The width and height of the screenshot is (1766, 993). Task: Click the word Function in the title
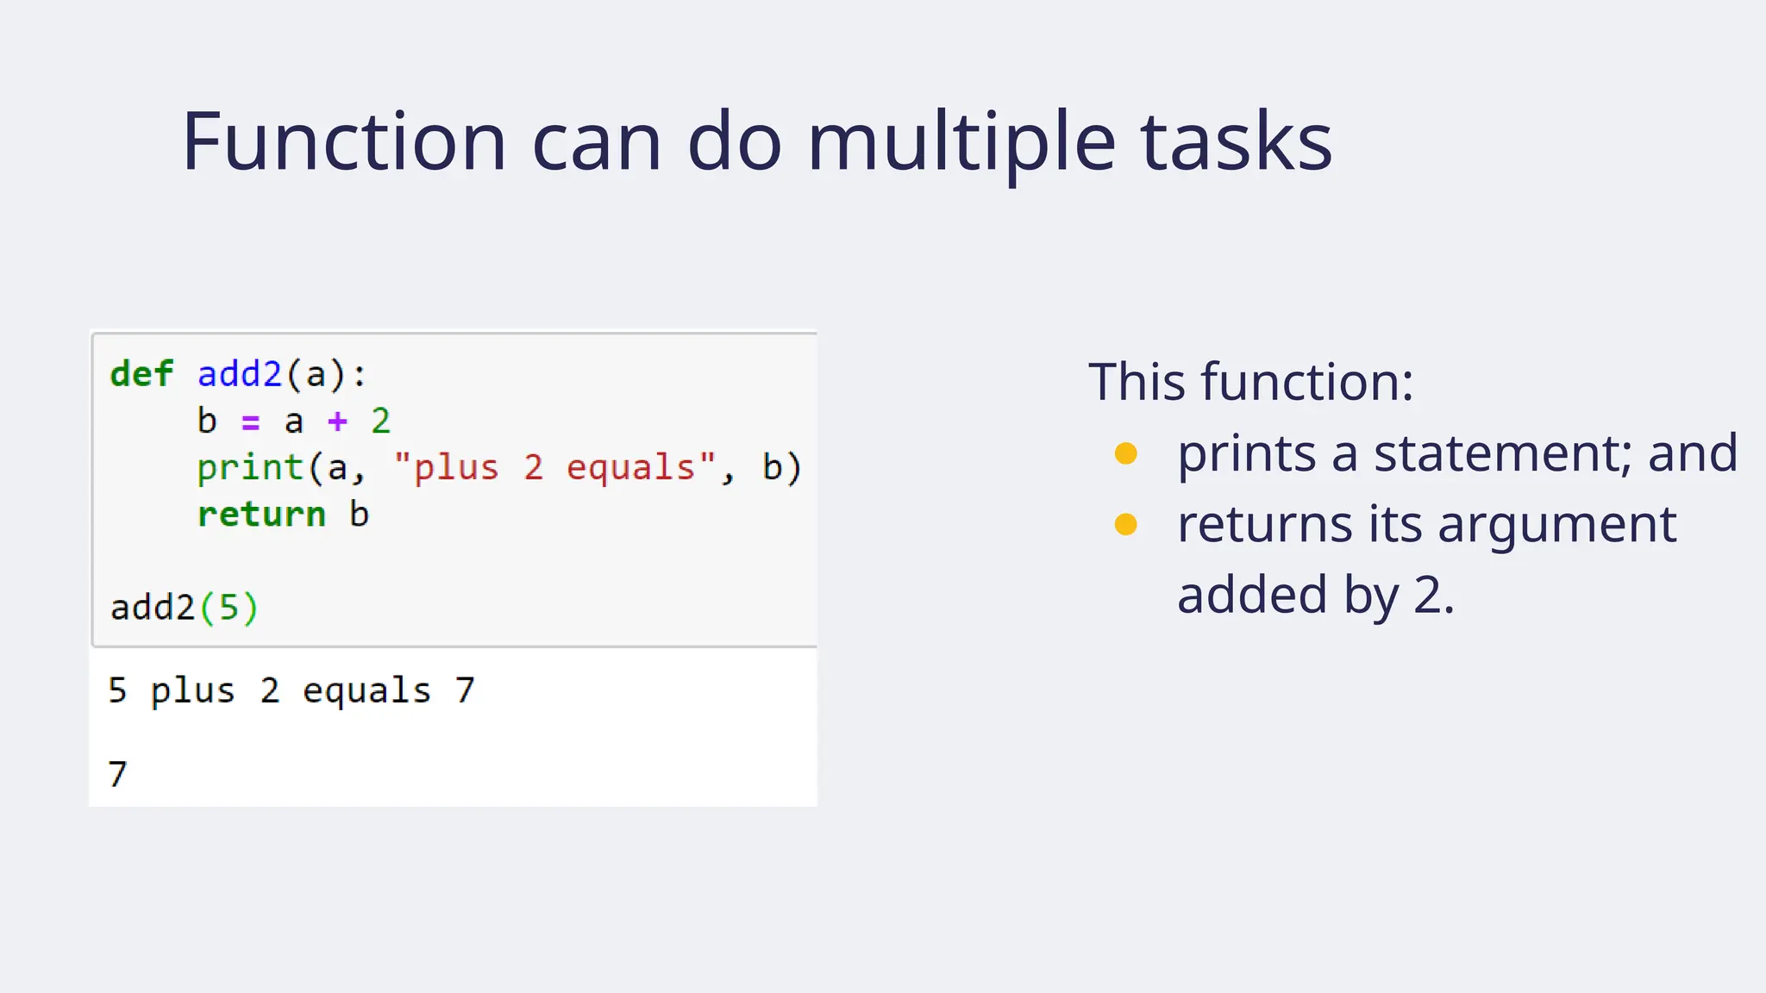(x=343, y=141)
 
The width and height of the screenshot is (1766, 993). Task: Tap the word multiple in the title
(x=961, y=141)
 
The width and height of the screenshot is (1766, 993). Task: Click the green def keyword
(x=142, y=374)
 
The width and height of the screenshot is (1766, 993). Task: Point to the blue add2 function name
(x=240, y=374)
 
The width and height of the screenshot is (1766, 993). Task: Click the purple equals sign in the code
(x=250, y=422)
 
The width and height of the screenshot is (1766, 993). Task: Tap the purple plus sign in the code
(x=337, y=422)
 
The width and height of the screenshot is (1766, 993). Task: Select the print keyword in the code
(x=250, y=468)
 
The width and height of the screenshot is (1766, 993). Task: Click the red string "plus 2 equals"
(x=554, y=468)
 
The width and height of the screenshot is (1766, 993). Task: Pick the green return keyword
(x=261, y=515)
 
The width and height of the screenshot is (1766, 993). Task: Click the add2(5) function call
(x=184, y=608)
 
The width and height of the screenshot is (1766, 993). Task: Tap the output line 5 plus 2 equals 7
(x=291, y=691)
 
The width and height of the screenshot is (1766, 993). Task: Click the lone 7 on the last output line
(x=118, y=774)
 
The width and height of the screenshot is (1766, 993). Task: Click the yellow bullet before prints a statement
(x=1125, y=453)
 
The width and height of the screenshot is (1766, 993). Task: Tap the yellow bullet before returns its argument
(x=1125, y=524)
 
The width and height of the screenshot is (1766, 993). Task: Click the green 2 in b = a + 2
(x=380, y=422)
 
